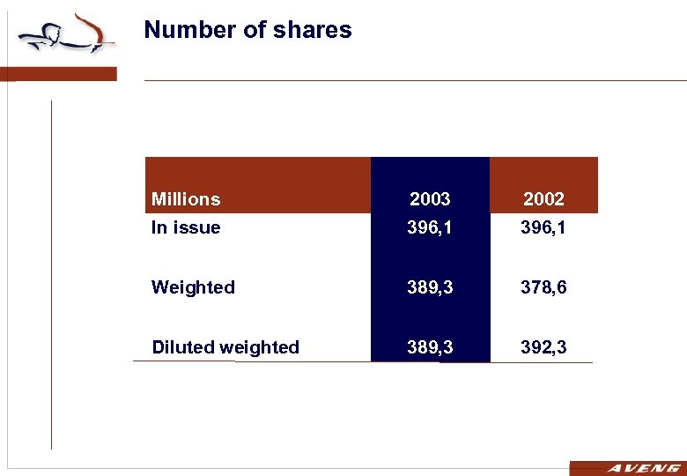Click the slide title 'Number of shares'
[x=247, y=30]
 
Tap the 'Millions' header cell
[x=186, y=199]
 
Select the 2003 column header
[x=430, y=199]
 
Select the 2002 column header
[x=543, y=199]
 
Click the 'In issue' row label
[x=186, y=227]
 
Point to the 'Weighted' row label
[x=193, y=287]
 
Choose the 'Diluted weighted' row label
[x=225, y=347]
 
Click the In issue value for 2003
[x=430, y=227]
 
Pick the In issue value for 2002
[x=543, y=227]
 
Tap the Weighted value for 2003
[x=430, y=287]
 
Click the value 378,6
[x=543, y=287]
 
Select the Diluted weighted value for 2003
[x=430, y=347]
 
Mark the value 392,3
[x=543, y=347]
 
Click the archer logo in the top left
[x=66, y=35]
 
